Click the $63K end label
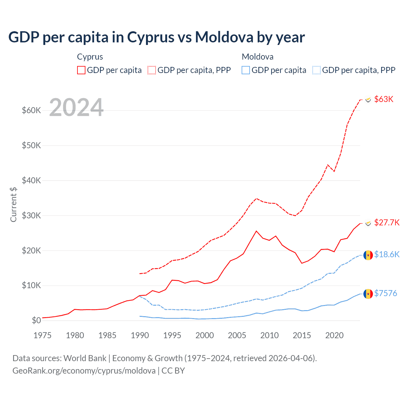(x=384, y=99)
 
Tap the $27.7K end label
(x=387, y=222)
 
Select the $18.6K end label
(x=387, y=254)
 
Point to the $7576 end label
(x=386, y=293)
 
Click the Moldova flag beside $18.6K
(x=368, y=255)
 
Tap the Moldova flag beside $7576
(x=368, y=294)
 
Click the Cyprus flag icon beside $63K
(x=368, y=100)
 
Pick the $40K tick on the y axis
(x=31, y=180)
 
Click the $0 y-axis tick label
(x=36, y=320)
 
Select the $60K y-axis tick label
(x=31, y=110)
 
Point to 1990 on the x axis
(x=140, y=335)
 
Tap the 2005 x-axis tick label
(x=237, y=335)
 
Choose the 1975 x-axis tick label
(x=42, y=335)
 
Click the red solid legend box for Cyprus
(x=81, y=70)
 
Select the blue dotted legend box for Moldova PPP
(x=317, y=70)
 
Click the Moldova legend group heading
(x=258, y=57)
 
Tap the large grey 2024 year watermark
(x=76, y=107)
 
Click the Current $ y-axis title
(x=13, y=204)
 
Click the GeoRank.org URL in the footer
(x=84, y=371)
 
